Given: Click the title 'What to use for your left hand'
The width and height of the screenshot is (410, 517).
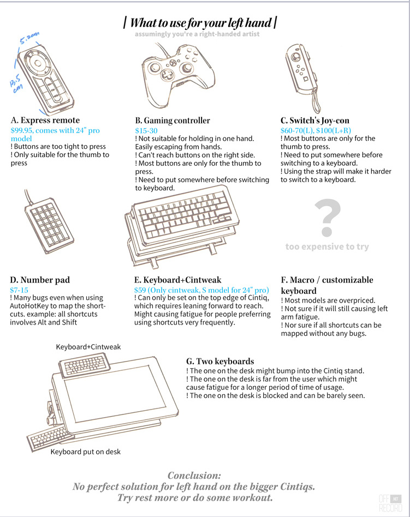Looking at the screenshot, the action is point(200,23).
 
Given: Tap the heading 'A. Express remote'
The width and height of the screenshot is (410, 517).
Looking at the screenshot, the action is point(45,120).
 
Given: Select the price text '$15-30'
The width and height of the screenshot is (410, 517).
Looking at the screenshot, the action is point(146,130).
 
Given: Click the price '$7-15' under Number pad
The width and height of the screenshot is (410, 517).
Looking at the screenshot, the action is point(19,290).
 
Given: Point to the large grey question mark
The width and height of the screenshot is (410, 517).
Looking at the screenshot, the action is point(328,218).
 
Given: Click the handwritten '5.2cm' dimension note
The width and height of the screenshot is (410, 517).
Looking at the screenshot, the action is point(29,38).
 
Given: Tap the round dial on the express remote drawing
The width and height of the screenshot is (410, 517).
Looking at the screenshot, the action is point(37,63).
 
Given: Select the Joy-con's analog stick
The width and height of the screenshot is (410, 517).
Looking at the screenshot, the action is point(295,56).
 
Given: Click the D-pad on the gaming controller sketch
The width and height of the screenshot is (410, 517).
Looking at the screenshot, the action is point(168,75).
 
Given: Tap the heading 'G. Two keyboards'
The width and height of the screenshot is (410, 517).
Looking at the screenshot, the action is point(220,361).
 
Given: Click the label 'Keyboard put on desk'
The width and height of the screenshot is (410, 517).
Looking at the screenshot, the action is point(86,452).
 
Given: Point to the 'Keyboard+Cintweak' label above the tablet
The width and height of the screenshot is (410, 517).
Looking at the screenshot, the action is point(88,347).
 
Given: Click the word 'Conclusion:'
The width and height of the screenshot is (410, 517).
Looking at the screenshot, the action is point(194,476).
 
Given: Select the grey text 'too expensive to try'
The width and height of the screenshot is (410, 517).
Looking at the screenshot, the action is point(327,247).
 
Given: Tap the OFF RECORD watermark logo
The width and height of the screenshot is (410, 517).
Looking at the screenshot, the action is point(390,503).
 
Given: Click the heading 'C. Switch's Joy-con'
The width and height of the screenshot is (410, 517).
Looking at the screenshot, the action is point(315,121).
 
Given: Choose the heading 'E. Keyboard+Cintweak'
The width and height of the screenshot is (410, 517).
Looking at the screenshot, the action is point(177,280).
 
